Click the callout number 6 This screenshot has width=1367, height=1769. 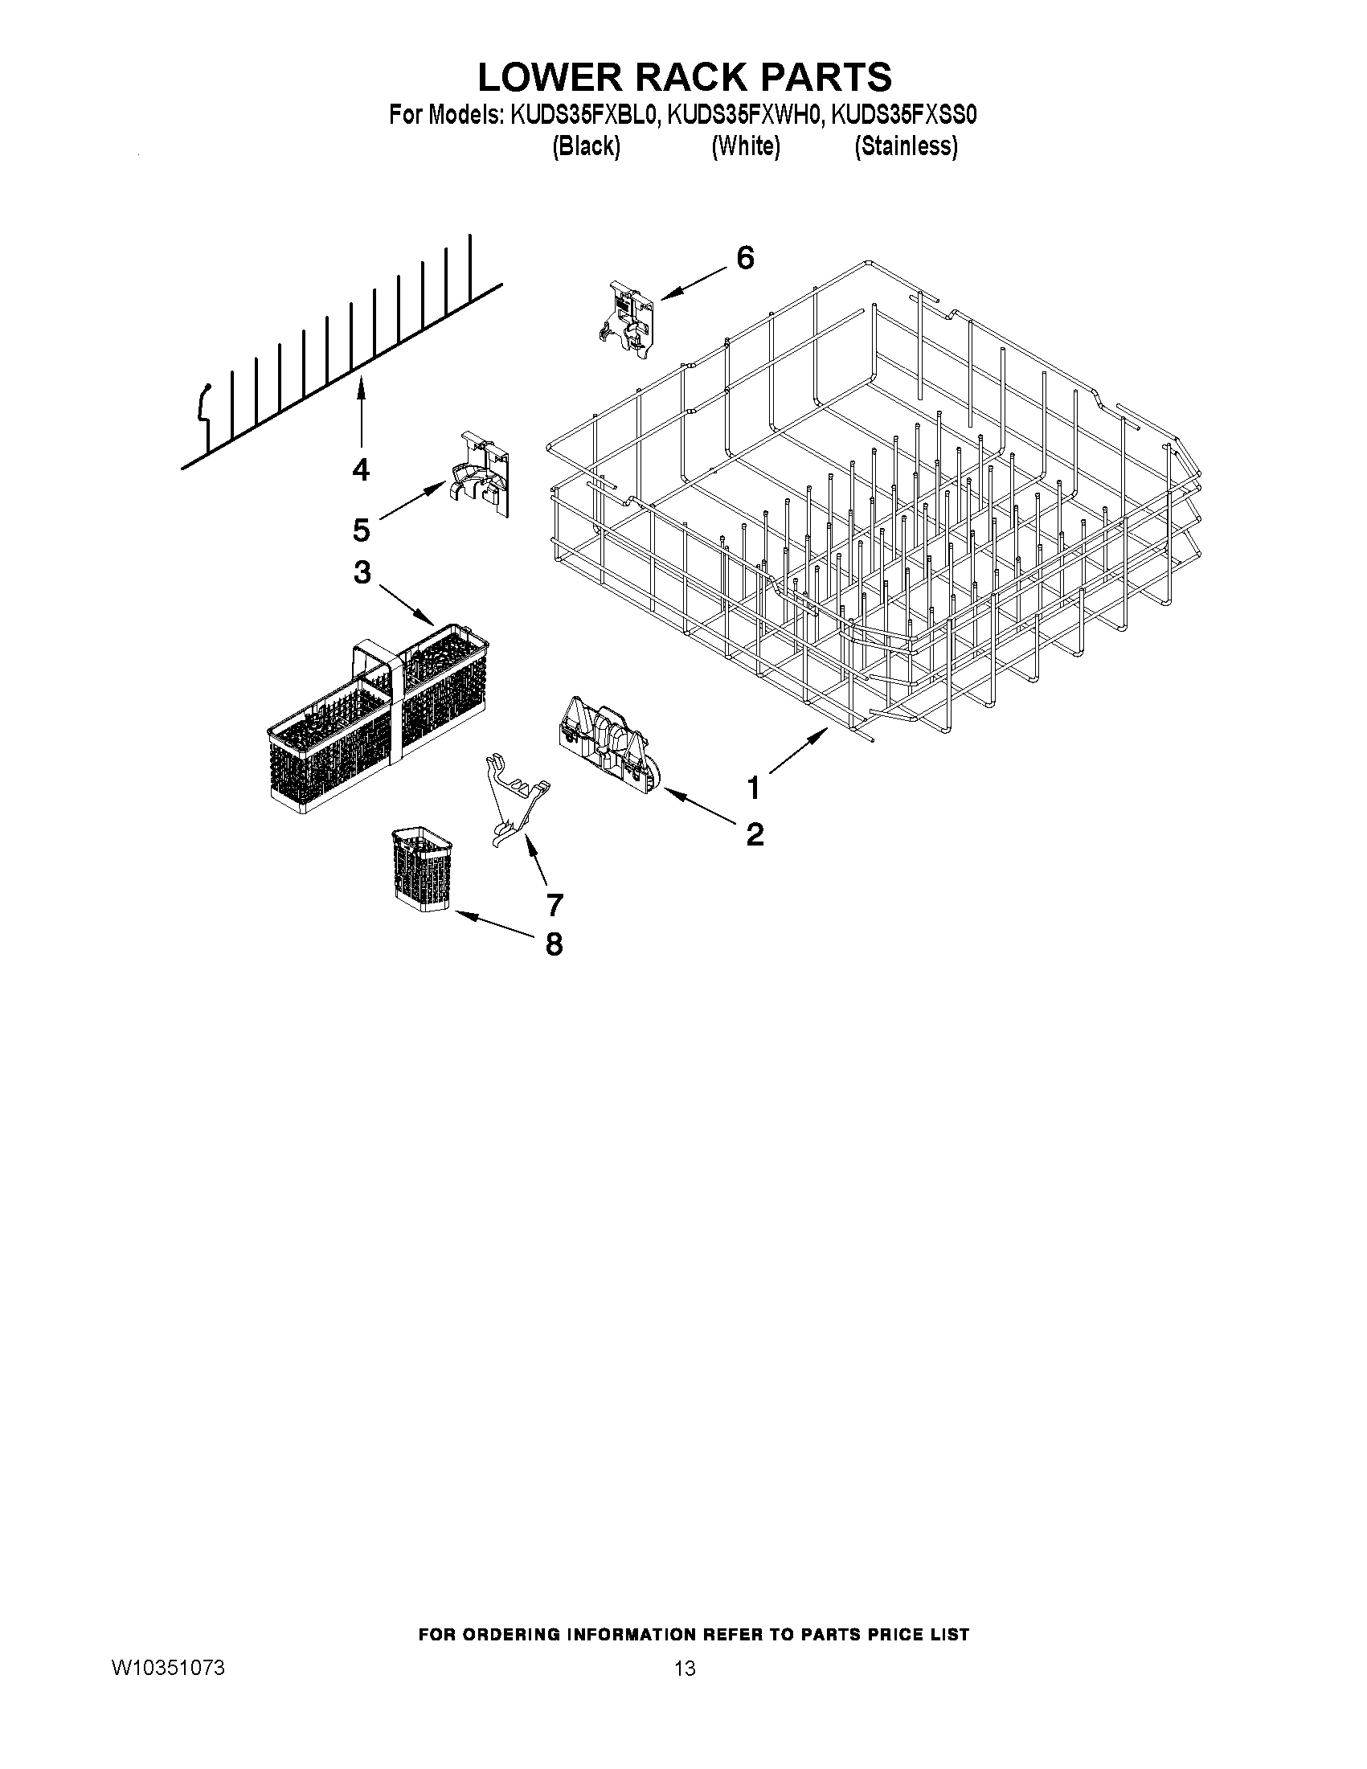[745, 258]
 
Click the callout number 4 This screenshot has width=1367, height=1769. [360, 469]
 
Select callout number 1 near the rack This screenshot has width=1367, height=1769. [753, 787]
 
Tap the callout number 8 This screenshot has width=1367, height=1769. [554, 944]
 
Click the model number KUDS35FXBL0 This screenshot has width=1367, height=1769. [581, 115]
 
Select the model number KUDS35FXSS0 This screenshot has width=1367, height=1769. [906, 115]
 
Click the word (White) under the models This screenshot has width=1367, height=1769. [745, 146]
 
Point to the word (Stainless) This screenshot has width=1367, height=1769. [907, 146]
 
